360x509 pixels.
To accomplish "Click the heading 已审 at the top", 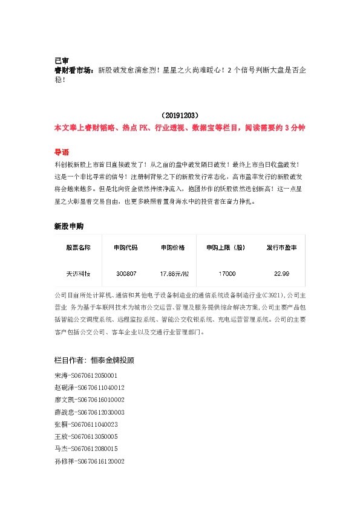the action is tap(61, 60).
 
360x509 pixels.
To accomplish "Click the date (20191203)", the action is tap(180, 114).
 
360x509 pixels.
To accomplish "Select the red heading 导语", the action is tap(62, 151).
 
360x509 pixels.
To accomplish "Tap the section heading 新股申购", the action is tap(68, 227).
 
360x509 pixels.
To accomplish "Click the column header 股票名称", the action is tap(78, 248).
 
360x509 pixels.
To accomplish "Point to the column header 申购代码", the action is tap(125, 248).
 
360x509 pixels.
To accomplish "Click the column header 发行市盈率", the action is tap(281, 248).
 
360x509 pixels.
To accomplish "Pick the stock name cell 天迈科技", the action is tap(78, 274).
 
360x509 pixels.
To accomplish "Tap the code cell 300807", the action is tap(125, 274).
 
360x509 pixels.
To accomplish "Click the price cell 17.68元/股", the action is tap(174, 274).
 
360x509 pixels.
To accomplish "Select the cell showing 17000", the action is tap(227, 274).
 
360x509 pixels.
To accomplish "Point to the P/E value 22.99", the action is tap(281, 274).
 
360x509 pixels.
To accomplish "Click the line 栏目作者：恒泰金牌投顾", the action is tap(94, 360).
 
